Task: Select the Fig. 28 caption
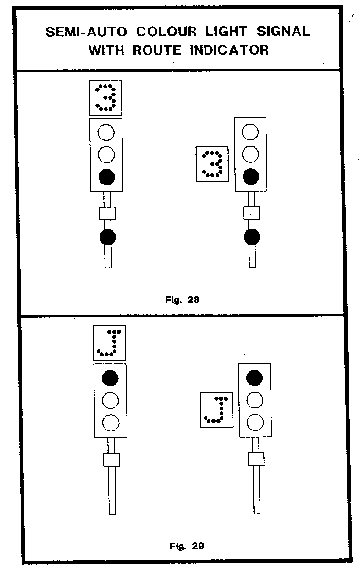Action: (x=182, y=300)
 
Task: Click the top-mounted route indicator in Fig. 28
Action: (x=105, y=97)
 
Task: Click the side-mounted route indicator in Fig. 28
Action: (x=212, y=164)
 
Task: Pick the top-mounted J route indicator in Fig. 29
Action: (x=109, y=342)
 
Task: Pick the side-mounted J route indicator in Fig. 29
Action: (x=217, y=410)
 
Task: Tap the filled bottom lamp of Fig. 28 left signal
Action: (x=106, y=176)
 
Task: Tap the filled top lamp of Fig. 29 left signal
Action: (x=110, y=378)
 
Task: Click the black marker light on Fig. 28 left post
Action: (x=108, y=237)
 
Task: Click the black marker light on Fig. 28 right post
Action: (x=251, y=237)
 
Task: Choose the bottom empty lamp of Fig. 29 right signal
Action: (x=255, y=421)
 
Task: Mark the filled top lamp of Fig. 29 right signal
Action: (x=255, y=378)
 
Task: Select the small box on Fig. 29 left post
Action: (x=111, y=459)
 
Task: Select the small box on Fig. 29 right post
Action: (x=256, y=459)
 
